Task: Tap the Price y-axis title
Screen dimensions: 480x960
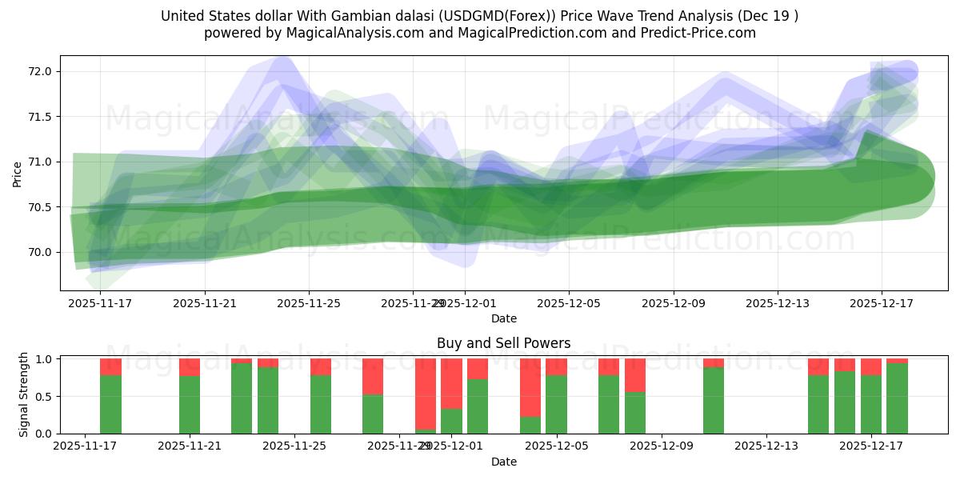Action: (18, 174)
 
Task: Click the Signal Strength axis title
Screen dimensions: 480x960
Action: (24, 395)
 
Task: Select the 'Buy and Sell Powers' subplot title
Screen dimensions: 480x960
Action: (503, 343)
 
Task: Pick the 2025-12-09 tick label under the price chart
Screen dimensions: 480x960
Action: (673, 303)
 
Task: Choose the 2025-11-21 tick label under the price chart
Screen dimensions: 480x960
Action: (205, 303)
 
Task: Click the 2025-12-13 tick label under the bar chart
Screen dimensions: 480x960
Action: (766, 446)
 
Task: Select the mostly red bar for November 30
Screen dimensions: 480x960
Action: (426, 395)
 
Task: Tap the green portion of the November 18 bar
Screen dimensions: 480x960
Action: (110, 404)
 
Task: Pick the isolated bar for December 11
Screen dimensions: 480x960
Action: (714, 398)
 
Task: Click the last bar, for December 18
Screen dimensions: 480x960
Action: (897, 397)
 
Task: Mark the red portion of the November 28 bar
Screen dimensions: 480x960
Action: (373, 377)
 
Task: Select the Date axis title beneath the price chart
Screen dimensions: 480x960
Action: (503, 318)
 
